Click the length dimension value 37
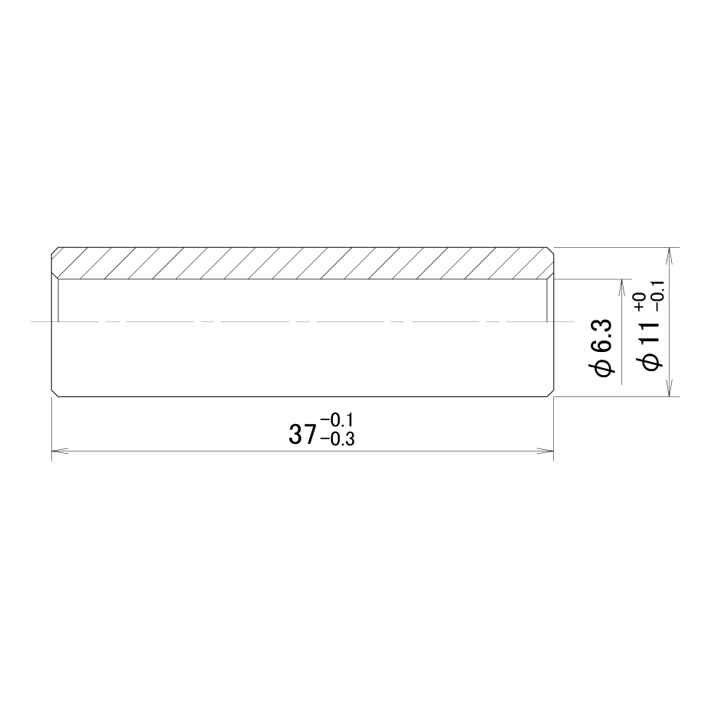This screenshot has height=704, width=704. coord(302,435)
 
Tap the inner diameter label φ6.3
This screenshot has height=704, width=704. coord(602,347)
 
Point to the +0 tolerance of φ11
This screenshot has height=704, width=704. coord(640,301)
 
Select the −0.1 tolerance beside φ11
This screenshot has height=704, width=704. coord(659,296)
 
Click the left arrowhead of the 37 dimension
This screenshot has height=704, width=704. coord(60,450)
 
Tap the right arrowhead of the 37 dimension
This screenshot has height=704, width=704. coord(545,450)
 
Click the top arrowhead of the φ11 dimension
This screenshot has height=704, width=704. coord(670,256)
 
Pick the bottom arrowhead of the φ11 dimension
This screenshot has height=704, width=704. coord(670,388)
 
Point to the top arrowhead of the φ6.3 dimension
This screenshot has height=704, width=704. coord(621,288)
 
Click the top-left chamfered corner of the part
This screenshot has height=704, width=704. coord(55,250)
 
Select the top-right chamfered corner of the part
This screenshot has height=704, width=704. coord(550,250)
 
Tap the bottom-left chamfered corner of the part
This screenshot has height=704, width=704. coord(55,393)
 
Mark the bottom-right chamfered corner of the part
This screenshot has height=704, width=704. coord(550,393)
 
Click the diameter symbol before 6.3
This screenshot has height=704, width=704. coord(602,369)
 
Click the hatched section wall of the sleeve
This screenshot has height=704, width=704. coord(302,263)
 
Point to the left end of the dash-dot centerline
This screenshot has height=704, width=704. coord(31,321)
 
